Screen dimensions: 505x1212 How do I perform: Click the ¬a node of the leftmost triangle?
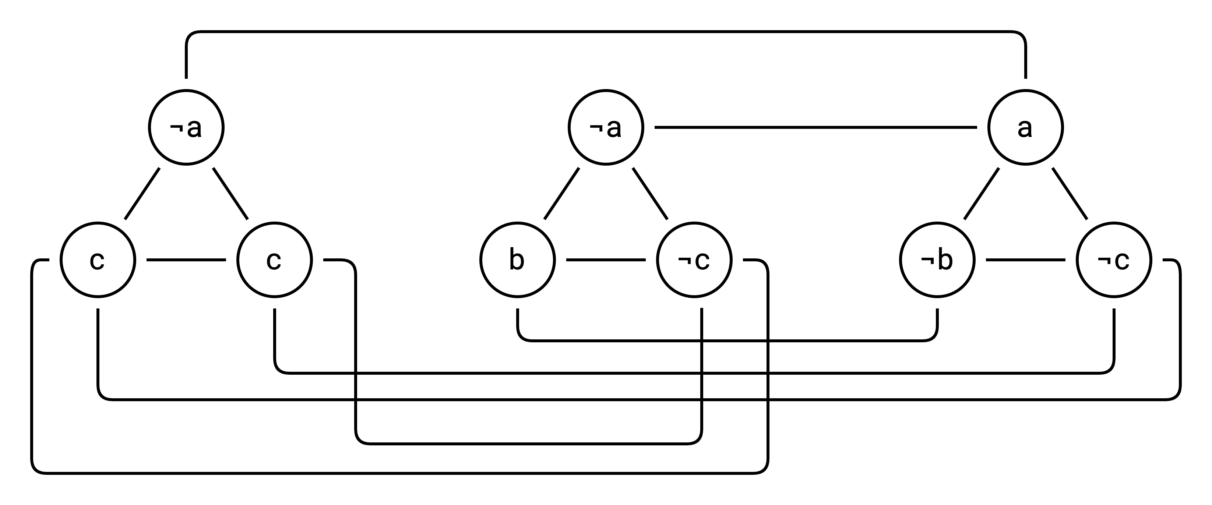point(186,127)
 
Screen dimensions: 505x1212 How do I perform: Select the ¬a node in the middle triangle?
point(606,127)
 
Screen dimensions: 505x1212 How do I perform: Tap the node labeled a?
point(1025,127)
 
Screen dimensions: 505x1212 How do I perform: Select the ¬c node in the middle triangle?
point(694,260)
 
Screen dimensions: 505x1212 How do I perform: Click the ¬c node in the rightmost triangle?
point(1114,260)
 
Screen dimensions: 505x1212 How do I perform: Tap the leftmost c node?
point(98,260)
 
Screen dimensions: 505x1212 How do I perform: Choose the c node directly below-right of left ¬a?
point(274,260)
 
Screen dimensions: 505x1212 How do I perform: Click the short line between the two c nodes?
point(186,260)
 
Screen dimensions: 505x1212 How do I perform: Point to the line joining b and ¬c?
point(606,260)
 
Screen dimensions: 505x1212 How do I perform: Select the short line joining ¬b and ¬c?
point(1025,260)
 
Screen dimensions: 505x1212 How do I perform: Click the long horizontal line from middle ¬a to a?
point(815,127)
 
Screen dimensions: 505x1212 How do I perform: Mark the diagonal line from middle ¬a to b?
point(561,194)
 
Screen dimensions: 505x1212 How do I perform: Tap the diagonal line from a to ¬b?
point(981,194)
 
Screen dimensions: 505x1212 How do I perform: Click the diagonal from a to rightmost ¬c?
point(1070,194)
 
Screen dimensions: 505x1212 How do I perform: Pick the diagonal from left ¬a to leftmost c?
point(142,194)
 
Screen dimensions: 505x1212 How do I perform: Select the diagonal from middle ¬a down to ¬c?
point(650,194)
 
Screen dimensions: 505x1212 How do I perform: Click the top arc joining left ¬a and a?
point(606,32)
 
